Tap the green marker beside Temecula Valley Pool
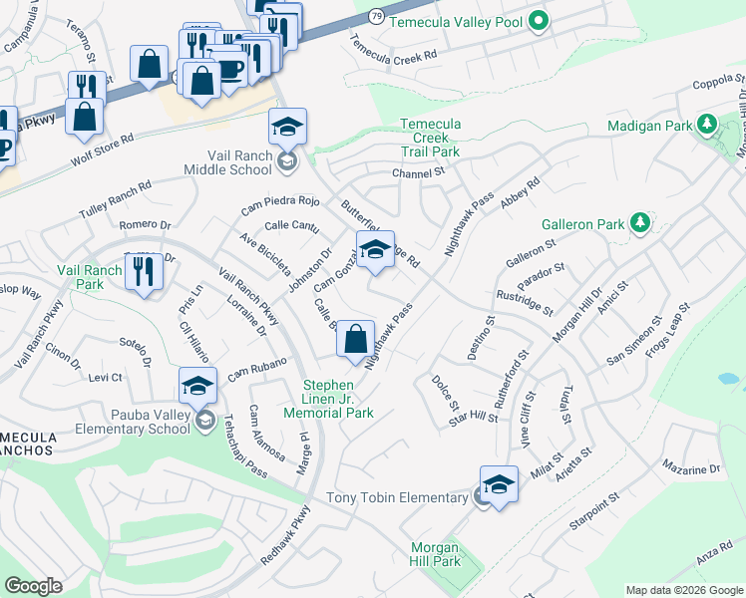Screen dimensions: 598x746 (x=539, y=20)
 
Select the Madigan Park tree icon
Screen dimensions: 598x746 (x=708, y=124)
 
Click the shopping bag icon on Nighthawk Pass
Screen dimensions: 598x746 (x=355, y=340)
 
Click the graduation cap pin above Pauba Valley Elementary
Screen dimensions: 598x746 (x=197, y=386)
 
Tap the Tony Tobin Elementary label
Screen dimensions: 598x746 (x=398, y=497)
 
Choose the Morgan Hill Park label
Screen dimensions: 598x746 (x=435, y=555)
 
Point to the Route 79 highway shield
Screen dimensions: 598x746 (x=375, y=17)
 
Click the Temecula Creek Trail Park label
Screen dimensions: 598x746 (x=430, y=138)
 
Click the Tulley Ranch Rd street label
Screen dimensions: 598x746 (x=116, y=201)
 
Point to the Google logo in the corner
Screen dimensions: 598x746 (x=34, y=586)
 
